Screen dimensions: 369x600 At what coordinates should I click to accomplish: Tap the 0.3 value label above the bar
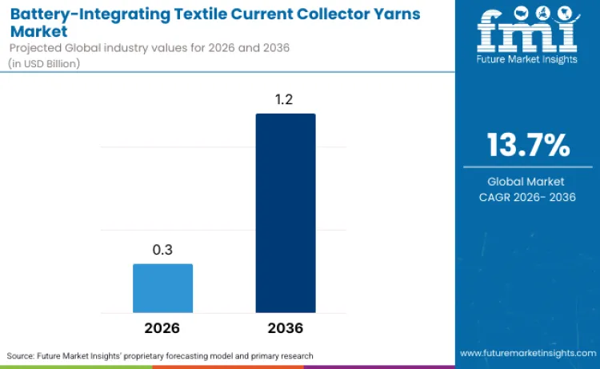point(162,251)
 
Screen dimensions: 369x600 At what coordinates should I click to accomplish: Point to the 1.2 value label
point(286,100)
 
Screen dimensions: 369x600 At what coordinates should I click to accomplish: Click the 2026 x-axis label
point(162,328)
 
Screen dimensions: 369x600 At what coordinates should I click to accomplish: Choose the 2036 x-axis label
point(286,328)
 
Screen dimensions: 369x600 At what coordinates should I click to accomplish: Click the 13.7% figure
point(528,145)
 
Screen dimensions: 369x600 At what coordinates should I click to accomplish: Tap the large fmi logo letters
point(527,33)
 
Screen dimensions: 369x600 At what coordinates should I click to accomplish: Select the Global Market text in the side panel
point(527,182)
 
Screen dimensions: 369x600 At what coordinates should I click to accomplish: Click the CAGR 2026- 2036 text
point(527,198)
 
